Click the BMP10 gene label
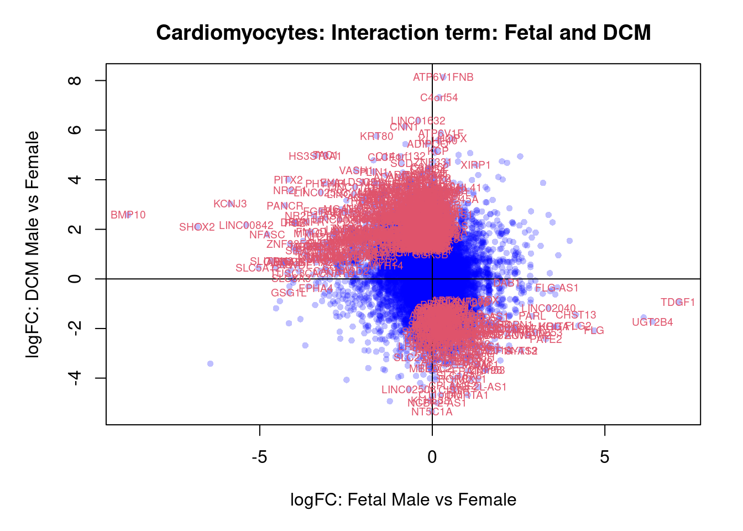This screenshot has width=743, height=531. [x=128, y=215]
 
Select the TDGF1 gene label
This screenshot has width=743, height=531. [x=678, y=303]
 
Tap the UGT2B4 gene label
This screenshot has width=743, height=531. [x=652, y=322]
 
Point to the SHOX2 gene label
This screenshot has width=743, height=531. [x=197, y=227]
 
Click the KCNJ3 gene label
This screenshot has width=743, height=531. [x=230, y=204]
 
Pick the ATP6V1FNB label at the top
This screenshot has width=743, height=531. [x=443, y=77]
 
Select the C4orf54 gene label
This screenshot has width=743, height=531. [x=439, y=98]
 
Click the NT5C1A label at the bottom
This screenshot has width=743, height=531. [x=432, y=412]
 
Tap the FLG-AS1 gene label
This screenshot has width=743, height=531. [x=557, y=288]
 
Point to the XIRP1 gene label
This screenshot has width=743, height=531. [x=475, y=165]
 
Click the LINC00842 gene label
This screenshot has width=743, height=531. [x=246, y=226]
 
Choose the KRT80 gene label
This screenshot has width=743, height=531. [x=376, y=137]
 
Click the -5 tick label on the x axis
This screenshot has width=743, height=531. [x=259, y=457]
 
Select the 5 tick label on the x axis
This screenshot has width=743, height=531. [x=604, y=457]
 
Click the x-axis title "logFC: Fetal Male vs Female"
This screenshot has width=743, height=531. [x=403, y=500]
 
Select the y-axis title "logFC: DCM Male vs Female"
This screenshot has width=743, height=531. [x=33, y=244]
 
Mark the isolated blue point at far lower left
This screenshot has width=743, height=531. [x=210, y=363]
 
